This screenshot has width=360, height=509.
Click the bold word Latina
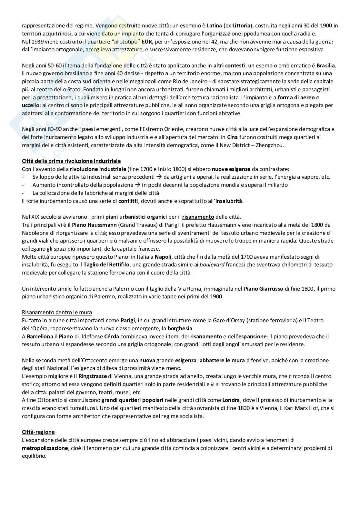(x=214, y=25)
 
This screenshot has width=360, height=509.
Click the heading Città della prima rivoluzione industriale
(x=71, y=161)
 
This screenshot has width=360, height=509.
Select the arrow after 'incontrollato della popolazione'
(x=137, y=185)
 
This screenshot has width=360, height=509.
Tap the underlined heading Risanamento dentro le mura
(x=57, y=313)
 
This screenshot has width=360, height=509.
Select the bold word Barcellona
(x=40, y=336)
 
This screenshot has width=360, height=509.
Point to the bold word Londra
(x=231, y=400)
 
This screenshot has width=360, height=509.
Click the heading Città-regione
(x=38, y=432)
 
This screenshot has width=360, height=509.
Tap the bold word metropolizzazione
(x=45, y=448)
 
